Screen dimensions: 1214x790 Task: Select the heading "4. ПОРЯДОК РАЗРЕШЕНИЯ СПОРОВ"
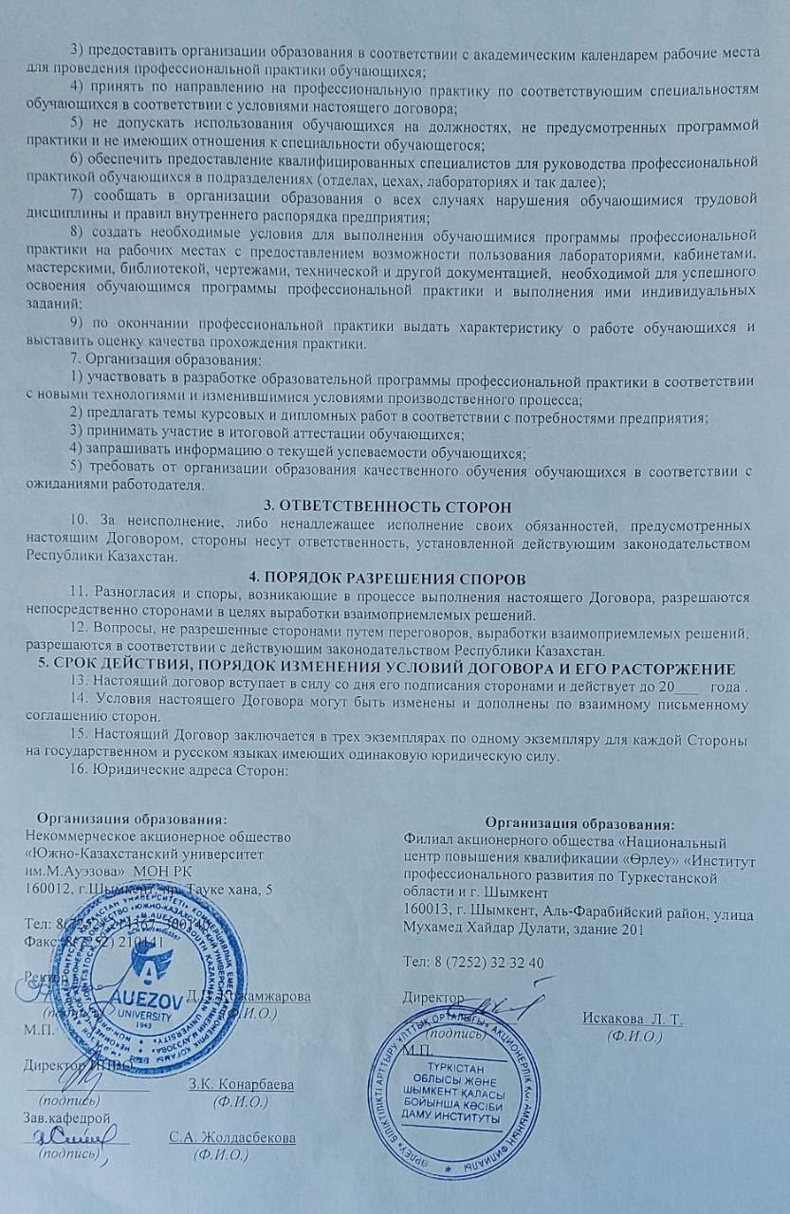click(x=395, y=578)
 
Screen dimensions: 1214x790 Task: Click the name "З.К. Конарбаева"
click(x=242, y=1084)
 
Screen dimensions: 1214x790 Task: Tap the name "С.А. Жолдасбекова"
click(x=232, y=1137)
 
